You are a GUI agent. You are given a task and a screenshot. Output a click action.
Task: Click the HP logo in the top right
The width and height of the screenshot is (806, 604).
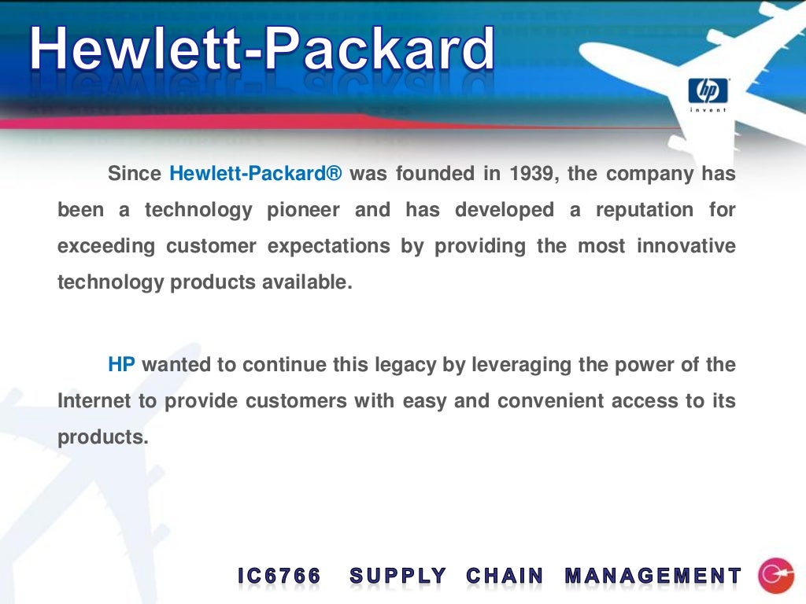point(708,94)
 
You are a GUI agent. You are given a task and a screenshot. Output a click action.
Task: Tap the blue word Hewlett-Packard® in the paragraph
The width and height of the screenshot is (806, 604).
point(256,174)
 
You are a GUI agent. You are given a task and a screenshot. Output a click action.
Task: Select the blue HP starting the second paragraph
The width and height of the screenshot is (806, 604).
point(122,365)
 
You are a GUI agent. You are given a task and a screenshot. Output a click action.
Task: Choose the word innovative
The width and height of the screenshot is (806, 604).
point(686,246)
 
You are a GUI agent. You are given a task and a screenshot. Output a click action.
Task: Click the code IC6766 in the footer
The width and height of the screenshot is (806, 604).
point(279,576)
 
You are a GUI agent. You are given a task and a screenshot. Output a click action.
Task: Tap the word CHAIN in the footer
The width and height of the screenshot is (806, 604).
point(505,576)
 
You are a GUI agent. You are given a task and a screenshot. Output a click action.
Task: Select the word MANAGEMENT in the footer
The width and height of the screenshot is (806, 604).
point(653,576)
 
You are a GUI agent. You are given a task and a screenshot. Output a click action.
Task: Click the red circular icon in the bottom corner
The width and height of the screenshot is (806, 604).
point(775,576)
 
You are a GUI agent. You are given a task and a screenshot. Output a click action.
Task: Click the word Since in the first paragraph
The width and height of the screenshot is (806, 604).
point(135,174)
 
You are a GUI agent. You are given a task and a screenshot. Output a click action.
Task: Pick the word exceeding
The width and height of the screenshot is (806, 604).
point(106,246)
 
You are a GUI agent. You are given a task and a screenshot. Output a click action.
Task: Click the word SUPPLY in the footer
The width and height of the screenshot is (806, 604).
point(398,576)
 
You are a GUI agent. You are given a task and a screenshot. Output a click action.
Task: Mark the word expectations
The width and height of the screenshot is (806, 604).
point(329,246)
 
